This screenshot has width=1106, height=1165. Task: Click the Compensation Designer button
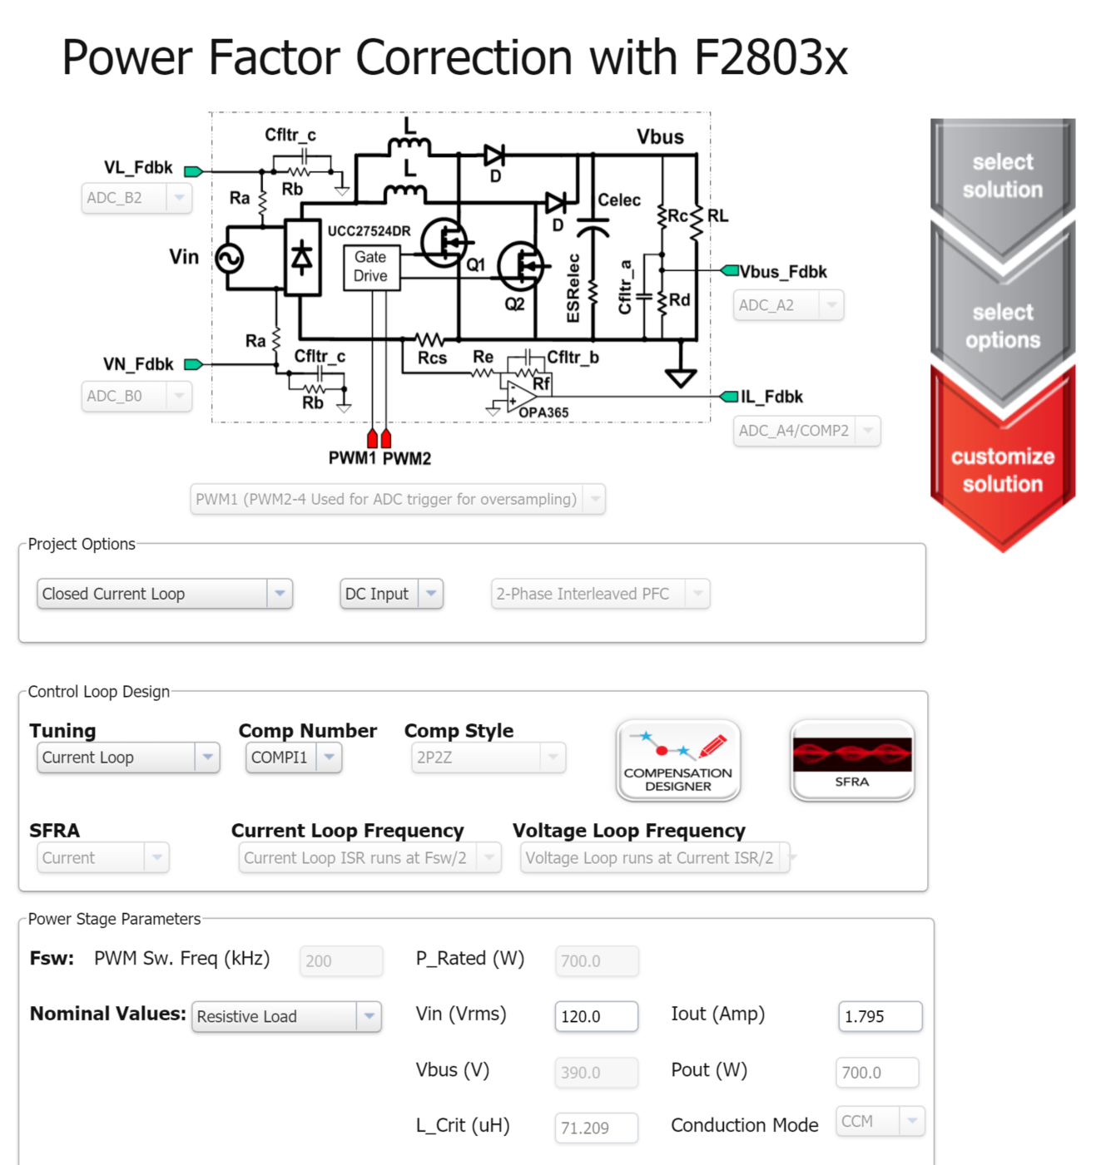[678, 760]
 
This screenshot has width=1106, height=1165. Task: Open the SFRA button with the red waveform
[851, 760]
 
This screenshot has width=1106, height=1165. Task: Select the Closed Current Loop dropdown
[164, 594]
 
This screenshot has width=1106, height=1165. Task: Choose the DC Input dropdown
[391, 594]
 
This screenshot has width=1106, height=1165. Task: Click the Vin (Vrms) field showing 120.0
[596, 1016]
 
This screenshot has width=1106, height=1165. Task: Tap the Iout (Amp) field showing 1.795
[880, 1016]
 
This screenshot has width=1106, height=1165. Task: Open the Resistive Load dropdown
[286, 1016]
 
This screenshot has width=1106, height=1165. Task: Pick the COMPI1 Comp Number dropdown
[293, 758]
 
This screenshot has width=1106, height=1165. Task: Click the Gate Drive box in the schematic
[371, 267]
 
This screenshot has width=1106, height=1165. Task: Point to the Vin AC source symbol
[229, 259]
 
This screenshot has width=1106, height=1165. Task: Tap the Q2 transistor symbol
[521, 266]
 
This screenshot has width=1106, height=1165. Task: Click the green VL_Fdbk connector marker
[193, 172]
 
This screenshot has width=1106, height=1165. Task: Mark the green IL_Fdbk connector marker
[729, 397]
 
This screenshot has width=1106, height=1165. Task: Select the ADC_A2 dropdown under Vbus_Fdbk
[788, 305]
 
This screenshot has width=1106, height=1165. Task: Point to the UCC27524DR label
[369, 231]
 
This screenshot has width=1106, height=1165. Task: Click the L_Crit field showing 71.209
[596, 1128]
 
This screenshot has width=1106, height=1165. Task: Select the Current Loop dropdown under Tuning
[128, 758]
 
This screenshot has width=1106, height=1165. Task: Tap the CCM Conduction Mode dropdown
[880, 1121]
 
